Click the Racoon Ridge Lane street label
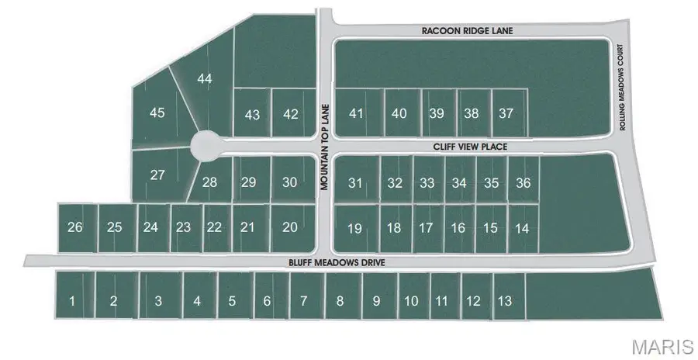[468, 30]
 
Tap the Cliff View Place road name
[470, 145]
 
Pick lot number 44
[205, 78]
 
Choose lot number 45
[157, 112]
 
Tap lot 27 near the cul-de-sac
[157, 175]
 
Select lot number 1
[72, 301]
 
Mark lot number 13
[504, 301]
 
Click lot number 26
[75, 227]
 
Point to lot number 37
[506, 113]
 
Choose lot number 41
[356, 113]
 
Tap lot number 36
[523, 183]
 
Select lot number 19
[354, 228]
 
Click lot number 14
[522, 228]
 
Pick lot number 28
[209, 183]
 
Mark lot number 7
[303, 301]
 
